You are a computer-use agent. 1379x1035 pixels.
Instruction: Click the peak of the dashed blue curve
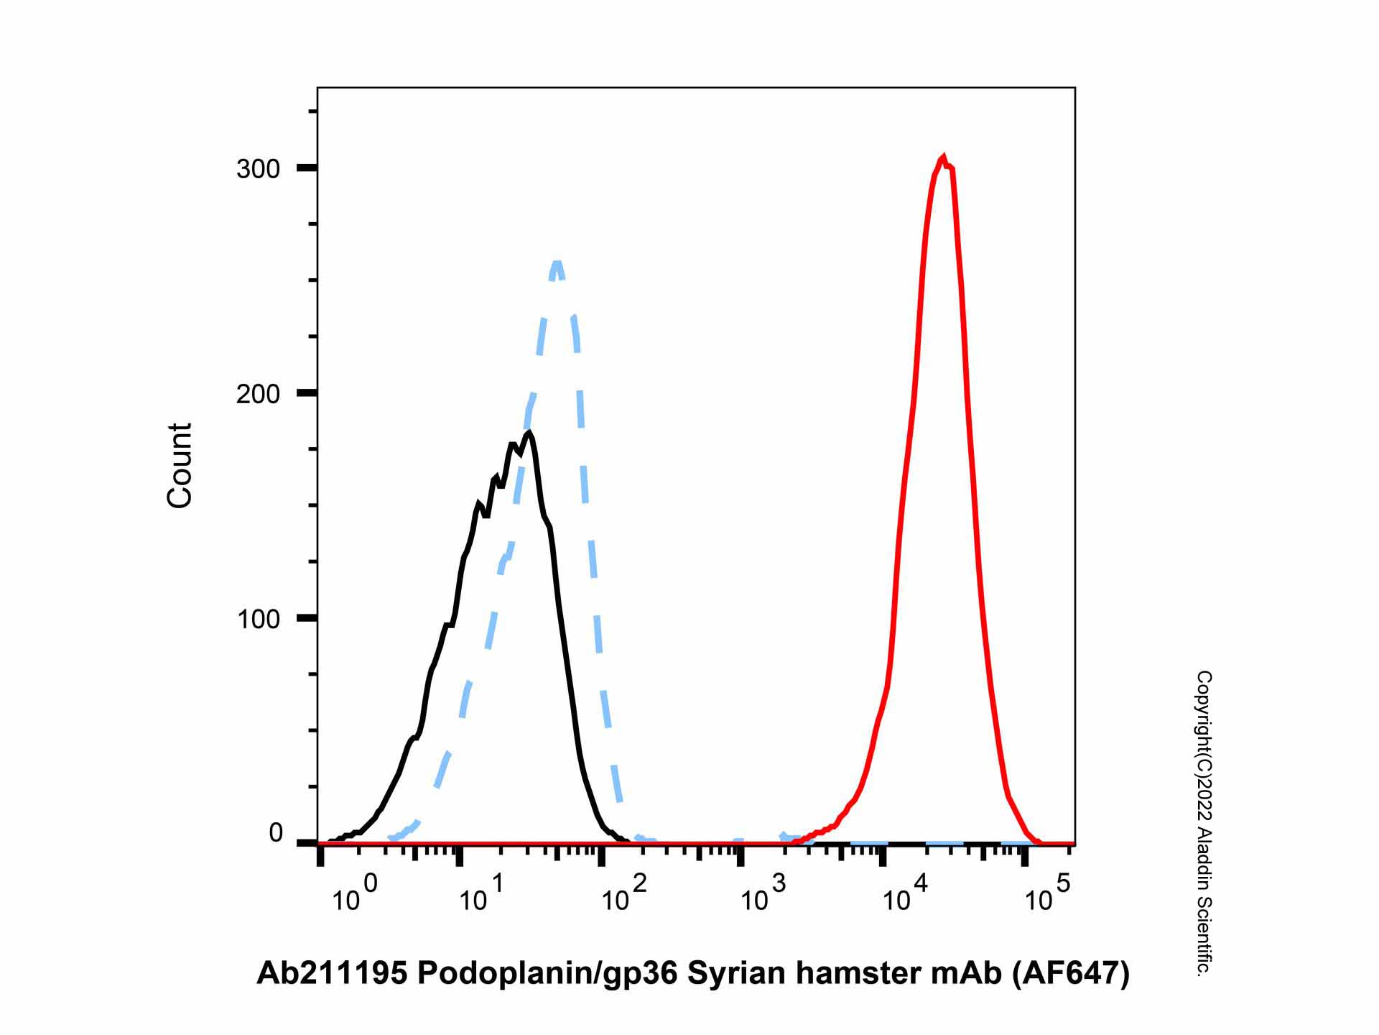click(x=557, y=262)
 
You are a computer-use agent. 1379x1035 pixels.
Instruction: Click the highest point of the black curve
click(x=529, y=432)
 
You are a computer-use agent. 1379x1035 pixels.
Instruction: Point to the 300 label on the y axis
click(x=258, y=170)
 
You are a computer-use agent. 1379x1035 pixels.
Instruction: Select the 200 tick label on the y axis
click(x=258, y=394)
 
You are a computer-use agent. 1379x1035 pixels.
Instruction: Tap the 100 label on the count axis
click(x=258, y=619)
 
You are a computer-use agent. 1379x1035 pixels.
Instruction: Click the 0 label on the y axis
click(x=276, y=834)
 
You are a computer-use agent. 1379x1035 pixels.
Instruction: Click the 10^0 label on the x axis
click(x=354, y=895)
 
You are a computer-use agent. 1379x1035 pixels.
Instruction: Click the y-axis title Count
click(x=180, y=466)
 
